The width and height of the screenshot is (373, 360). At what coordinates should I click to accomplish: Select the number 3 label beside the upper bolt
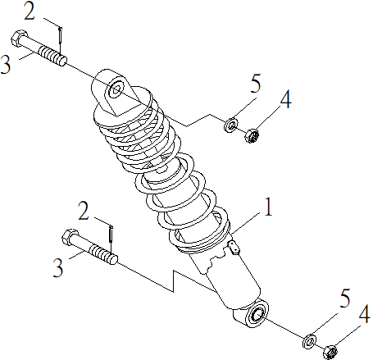coord(7,64)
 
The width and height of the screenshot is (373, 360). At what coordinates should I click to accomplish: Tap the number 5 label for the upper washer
coord(255,84)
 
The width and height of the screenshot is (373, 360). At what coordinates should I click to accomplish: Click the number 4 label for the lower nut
coord(364,314)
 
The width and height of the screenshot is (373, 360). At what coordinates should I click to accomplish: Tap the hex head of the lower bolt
coord(69,239)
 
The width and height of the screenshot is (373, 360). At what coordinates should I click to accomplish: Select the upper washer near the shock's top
coord(231,125)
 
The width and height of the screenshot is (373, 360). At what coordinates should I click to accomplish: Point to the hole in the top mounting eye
coord(115,88)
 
